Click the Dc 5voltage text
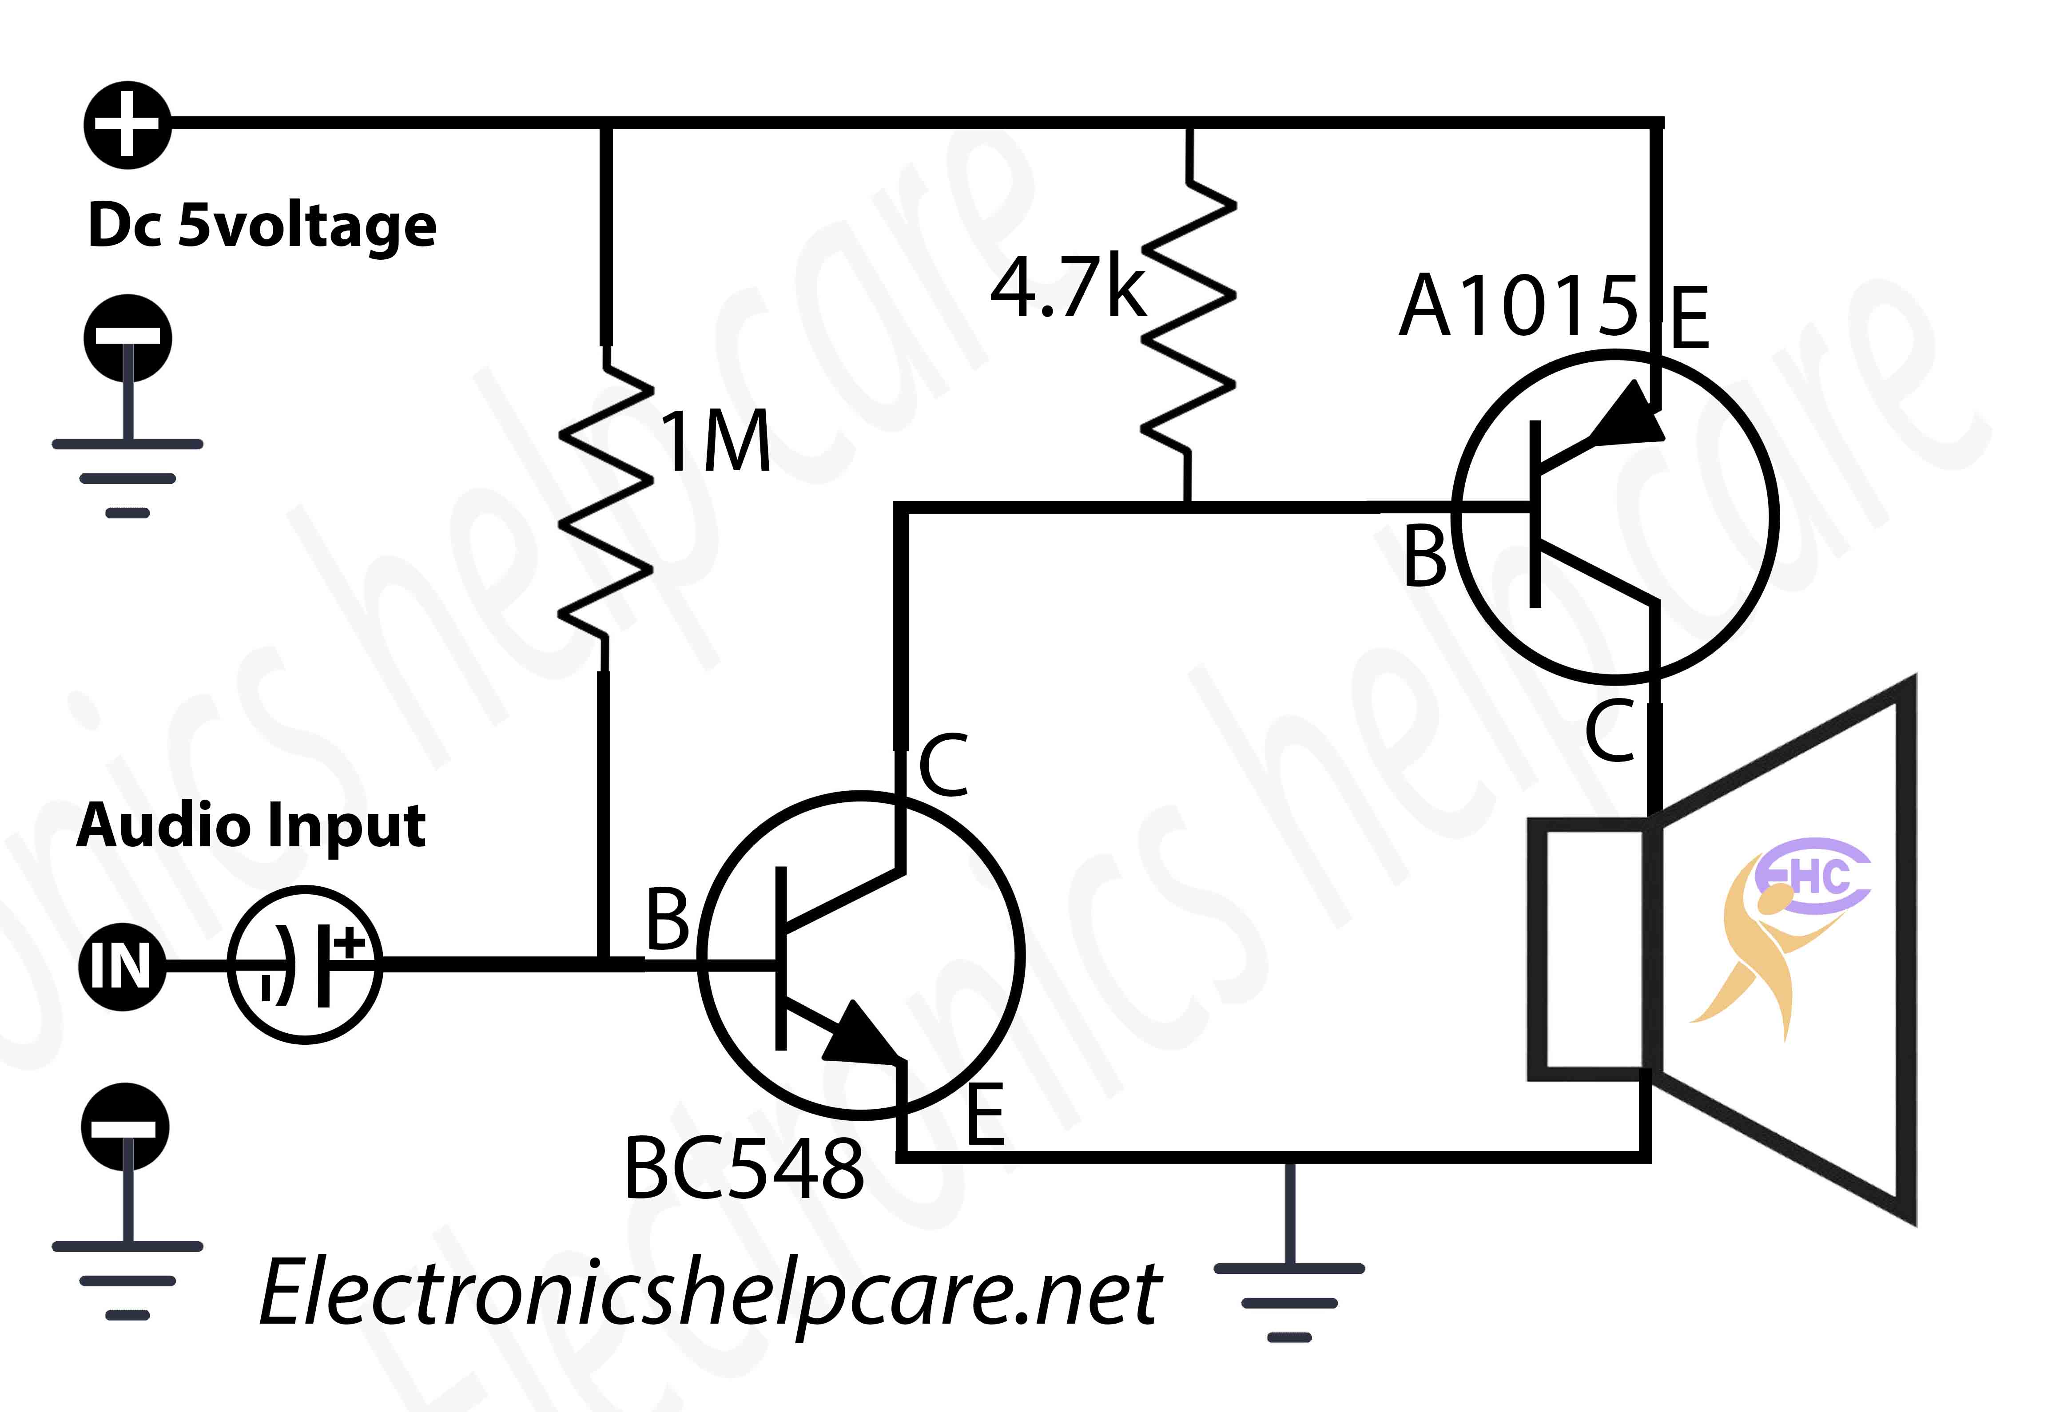point(262,225)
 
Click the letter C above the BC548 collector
point(943,765)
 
